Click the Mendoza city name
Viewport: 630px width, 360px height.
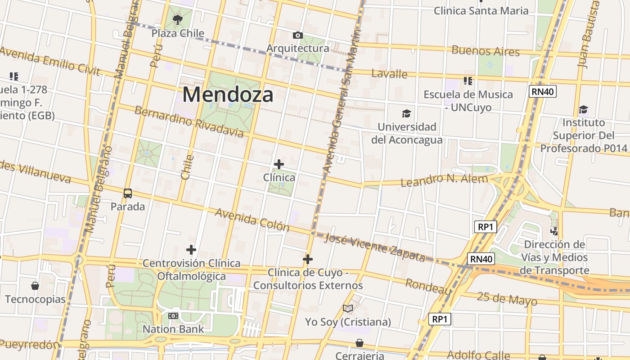point(228,95)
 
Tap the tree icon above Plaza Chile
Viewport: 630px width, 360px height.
point(178,19)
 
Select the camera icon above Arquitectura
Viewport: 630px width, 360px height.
point(297,35)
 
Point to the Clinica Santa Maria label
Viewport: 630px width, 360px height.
point(481,10)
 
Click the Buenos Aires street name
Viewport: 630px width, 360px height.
point(486,50)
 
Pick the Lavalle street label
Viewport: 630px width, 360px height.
point(390,73)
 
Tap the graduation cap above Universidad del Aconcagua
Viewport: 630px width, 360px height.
point(407,113)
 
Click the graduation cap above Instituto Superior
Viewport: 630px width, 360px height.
point(583,109)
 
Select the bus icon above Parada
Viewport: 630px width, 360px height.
point(128,193)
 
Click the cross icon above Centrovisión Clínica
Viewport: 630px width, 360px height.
point(191,250)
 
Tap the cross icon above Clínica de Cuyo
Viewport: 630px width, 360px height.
point(308,259)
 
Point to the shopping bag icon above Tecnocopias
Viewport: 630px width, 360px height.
point(35,286)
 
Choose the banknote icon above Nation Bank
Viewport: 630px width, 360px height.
point(173,316)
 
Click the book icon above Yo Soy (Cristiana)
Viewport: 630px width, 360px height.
point(348,308)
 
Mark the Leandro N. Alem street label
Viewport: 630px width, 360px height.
point(444,180)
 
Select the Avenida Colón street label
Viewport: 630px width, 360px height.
point(252,219)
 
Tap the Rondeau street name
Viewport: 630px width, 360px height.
point(428,286)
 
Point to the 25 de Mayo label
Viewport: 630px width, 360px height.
point(507,299)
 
